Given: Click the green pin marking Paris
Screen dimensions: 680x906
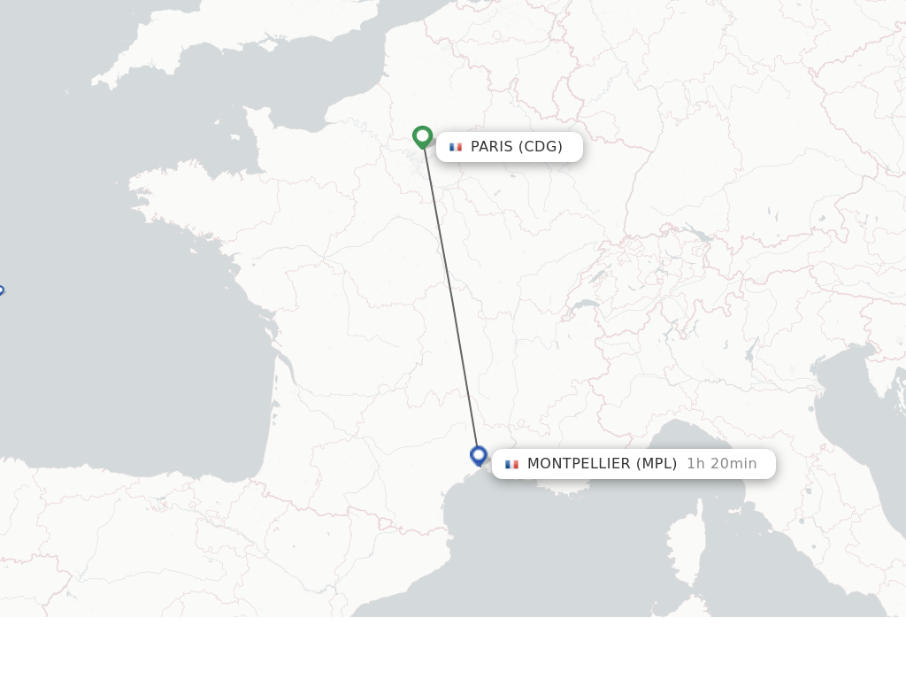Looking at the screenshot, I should pyautogui.click(x=422, y=136).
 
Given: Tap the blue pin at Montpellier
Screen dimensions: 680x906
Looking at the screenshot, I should pyautogui.click(x=479, y=455).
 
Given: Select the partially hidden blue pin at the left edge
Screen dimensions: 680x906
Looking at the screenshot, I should pyautogui.click(x=1, y=290).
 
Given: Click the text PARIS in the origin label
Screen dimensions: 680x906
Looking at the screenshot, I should pyautogui.click(x=491, y=147).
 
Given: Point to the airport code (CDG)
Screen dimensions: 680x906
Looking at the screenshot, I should pyautogui.click(x=540, y=147).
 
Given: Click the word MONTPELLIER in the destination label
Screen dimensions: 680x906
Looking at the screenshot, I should pyautogui.click(x=579, y=464).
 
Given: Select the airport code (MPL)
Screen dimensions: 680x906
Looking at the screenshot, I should pyautogui.click(x=656, y=464).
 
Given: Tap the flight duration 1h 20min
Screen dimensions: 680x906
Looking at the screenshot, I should pyautogui.click(x=721, y=464).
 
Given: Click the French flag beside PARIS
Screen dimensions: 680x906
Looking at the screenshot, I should pyautogui.click(x=456, y=147).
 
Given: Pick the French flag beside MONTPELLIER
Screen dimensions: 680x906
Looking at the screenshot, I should pyautogui.click(x=511, y=464).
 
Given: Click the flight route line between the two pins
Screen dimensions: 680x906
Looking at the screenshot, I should pyautogui.click(x=450, y=297).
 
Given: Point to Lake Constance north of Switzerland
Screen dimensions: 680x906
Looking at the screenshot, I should pyautogui.click(x=699, y=236).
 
